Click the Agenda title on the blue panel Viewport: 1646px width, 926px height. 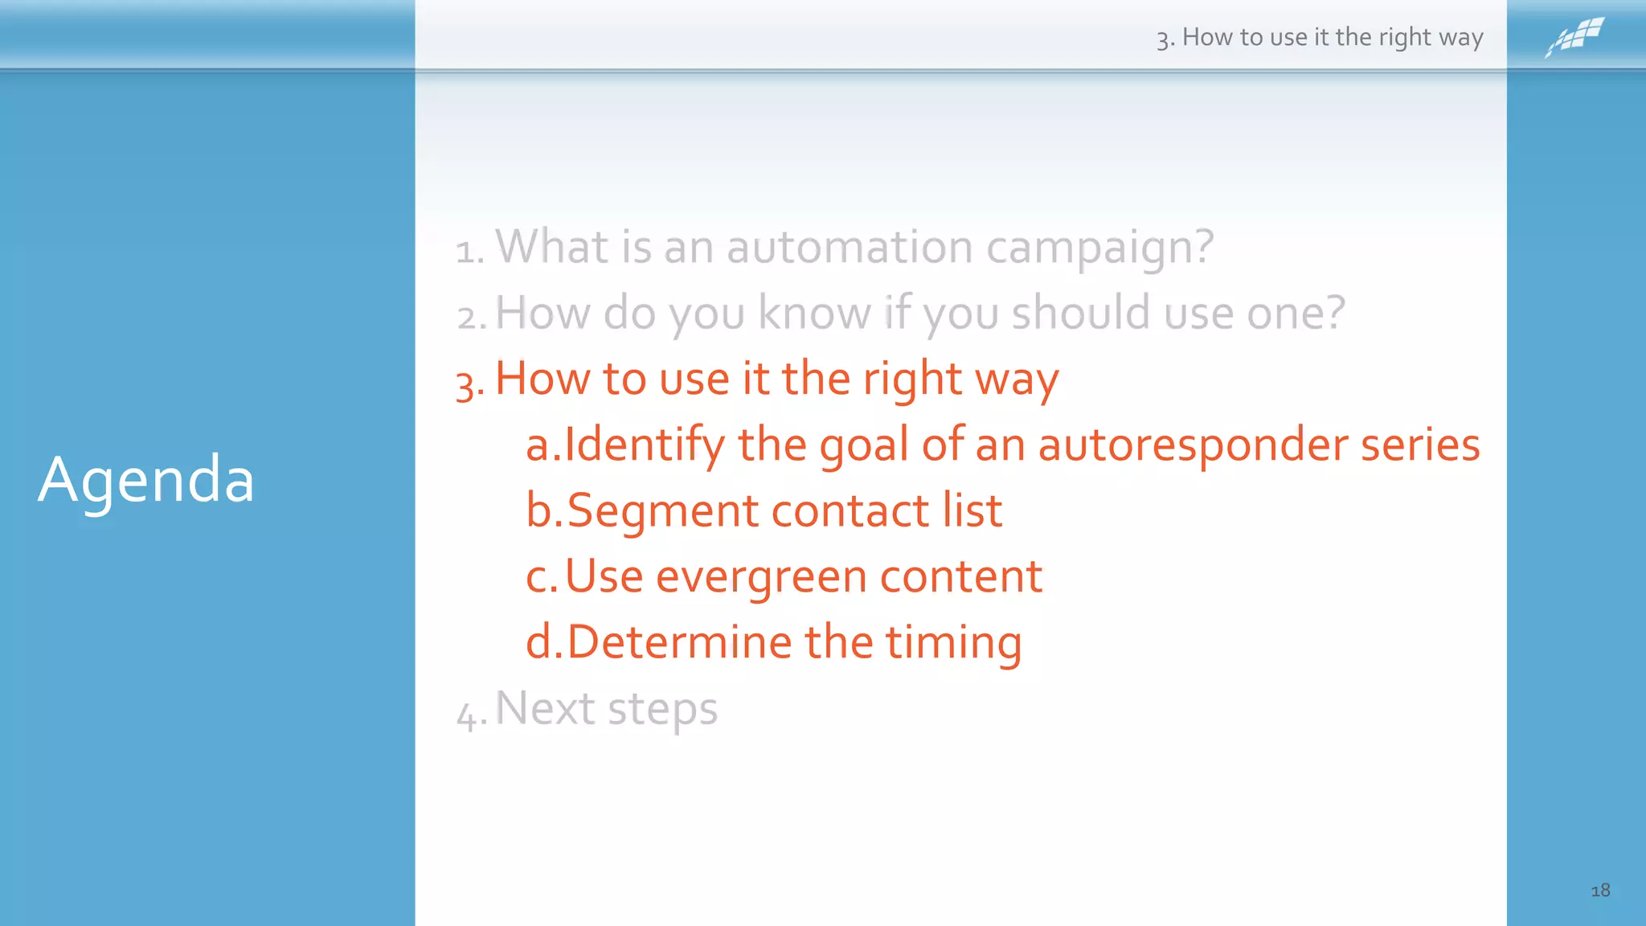click(x=146, y=480)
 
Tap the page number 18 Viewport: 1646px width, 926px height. click(x=1599, y=890)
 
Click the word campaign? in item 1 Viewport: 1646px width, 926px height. click(x=1099, y=248)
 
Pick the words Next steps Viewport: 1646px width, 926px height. click(x=606, y=709)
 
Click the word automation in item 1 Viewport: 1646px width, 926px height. click(x=850, y=247)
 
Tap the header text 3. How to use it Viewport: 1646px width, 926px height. click(x=1319, y=37)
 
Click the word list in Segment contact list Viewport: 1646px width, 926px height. click(x=972, y=510)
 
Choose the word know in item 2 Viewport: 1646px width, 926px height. click(x=814, y=312)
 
